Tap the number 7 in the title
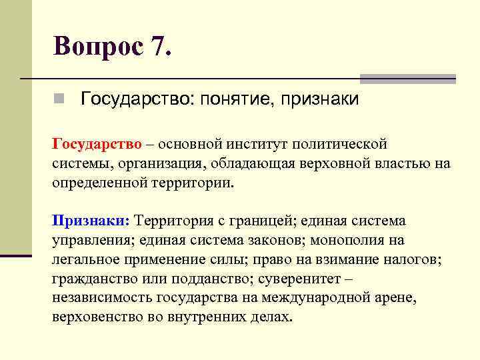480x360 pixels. [159, 46]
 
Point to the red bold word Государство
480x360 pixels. [97, 144]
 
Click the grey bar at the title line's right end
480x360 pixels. [408, 79]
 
